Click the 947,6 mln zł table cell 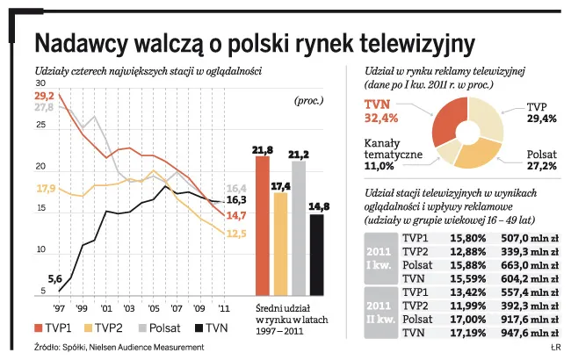pos(530,335)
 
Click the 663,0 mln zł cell pos(530,265)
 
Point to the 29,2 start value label pos(45,95)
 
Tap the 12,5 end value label pos(236,233)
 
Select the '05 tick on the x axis pos(154,309)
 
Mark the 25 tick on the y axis pos(41,126)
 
